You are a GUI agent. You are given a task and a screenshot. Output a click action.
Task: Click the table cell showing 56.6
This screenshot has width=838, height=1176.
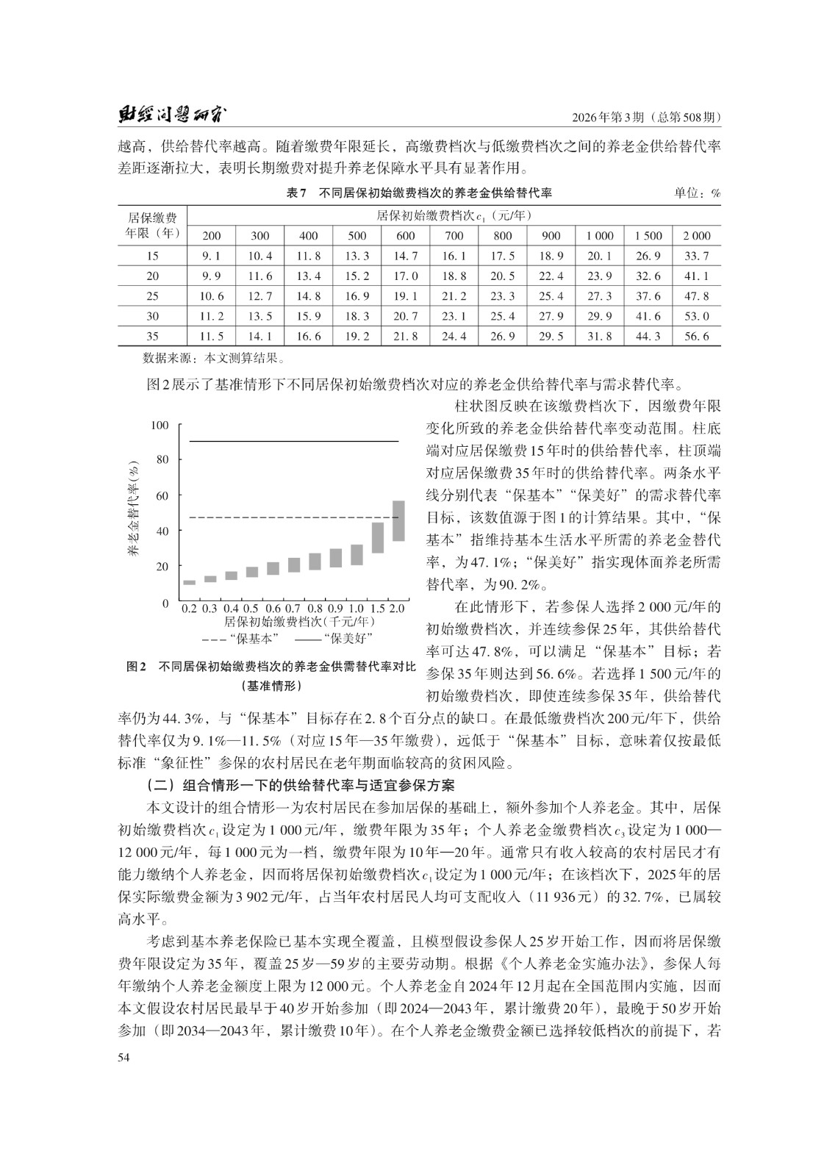(x=695, y=336)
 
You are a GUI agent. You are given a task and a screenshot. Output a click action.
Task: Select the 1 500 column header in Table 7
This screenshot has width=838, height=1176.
(x=648, y=236)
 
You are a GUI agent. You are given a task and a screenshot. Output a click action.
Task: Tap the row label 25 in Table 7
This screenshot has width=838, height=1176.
(x=152, y=296)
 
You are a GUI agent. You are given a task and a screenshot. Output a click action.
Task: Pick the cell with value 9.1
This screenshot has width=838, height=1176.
(x=211, y=257)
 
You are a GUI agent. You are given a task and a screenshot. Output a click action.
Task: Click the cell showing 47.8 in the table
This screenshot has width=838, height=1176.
(x=695, y=296)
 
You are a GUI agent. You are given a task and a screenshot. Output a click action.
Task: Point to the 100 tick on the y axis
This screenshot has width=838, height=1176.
(x=160, y=426)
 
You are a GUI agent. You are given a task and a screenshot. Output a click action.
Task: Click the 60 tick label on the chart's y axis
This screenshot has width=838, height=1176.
(x=162, y=496)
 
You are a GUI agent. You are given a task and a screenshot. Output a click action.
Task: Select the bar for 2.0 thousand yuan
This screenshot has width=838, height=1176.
(x=398, y=520)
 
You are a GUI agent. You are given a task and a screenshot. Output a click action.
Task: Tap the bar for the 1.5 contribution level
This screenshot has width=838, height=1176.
(x=378, y=537)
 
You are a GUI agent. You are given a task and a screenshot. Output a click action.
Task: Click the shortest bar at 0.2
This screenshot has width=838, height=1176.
(x=190, y=582)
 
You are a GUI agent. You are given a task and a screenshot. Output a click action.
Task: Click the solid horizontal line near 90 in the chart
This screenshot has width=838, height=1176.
(x=294, y=441)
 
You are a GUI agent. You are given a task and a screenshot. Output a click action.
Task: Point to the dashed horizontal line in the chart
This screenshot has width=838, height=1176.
(x=294, y=518)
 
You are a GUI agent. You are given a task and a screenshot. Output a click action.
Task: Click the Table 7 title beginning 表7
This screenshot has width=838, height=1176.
(x=418, y=194)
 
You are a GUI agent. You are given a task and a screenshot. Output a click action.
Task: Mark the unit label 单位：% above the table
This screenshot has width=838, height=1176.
(x=697, y=194)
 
